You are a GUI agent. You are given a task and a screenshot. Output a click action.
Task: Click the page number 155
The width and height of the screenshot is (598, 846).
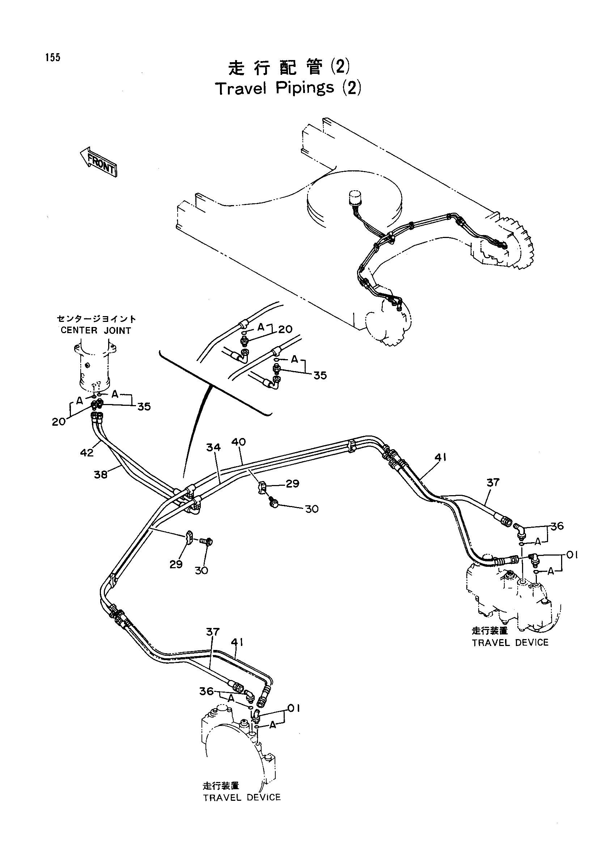(x=53, y=58)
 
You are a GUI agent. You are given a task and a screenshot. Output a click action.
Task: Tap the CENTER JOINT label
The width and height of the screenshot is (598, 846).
(x=96, y=331)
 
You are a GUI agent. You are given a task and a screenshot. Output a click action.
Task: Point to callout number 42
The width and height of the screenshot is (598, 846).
(x=87, y=452)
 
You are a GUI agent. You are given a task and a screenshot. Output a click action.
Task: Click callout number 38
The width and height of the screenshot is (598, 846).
(x=101, y=475)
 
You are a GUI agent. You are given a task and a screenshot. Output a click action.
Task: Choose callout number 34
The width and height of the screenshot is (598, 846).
(x=213, y=447)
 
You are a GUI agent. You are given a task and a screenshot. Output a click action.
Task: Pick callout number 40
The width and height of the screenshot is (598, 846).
(x=239, y=442)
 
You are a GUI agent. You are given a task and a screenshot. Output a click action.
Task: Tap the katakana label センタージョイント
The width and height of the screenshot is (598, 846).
(x=96, y=319)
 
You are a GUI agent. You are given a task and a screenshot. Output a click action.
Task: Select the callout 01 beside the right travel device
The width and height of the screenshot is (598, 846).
(x=572, y=555)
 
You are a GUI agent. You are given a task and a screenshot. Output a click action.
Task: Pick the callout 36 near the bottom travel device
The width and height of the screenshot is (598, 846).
(x=207, y=691)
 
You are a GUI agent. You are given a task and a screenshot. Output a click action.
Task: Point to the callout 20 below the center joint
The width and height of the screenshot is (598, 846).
(x=59, y=421)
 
